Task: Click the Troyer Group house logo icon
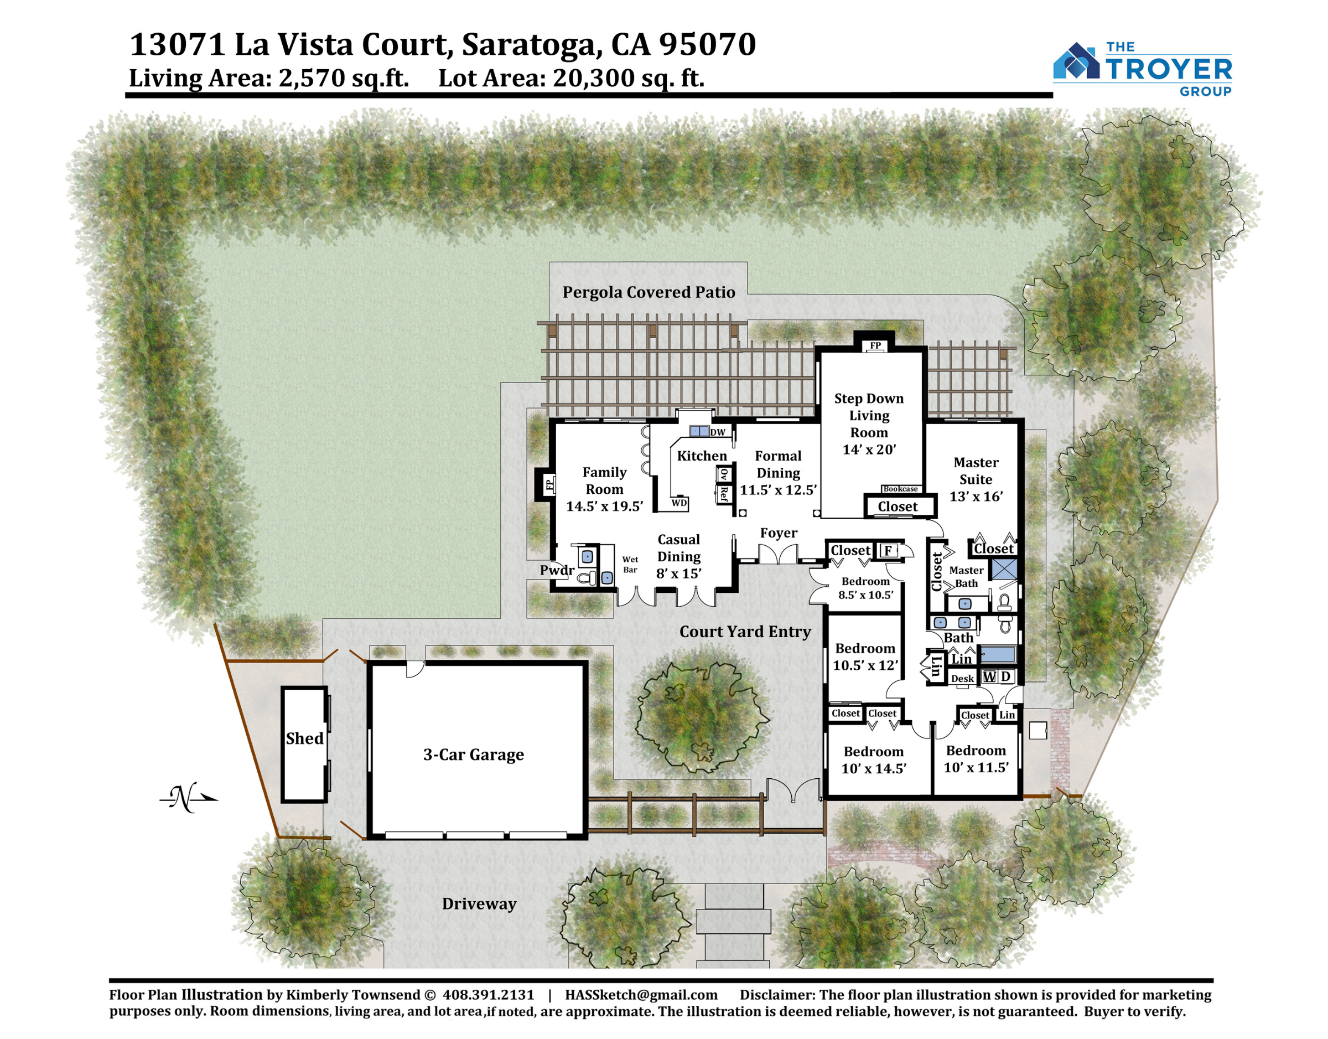point(1076,61)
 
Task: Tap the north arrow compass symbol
point(189,798)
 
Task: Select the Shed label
point(305,738)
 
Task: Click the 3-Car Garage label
point(474,755)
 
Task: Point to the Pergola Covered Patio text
point(649,293)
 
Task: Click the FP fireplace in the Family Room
point(549,485)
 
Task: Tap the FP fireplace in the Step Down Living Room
point(875,345)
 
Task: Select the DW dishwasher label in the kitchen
point(718,432)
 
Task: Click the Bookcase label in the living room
point(900,489)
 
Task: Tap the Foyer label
point(779,533)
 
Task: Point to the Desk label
point(963,679)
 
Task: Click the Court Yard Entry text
point(745,632)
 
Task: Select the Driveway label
point(479,904)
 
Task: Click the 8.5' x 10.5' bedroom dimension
point(866,595)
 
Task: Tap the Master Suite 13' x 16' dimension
point(976,497)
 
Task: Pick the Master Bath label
point(966,577)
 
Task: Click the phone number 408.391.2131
point(488,995)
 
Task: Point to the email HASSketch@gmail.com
point(641,995)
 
